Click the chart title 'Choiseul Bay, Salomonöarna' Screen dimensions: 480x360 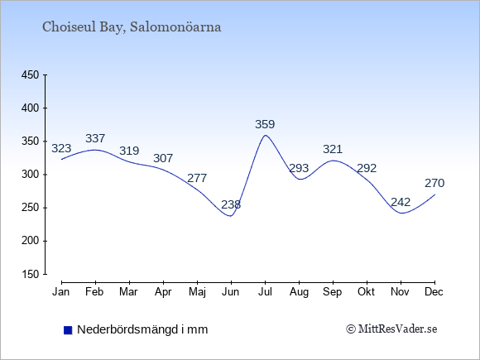132,27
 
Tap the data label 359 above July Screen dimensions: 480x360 265,124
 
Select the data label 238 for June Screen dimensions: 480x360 231,204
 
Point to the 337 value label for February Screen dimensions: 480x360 95,138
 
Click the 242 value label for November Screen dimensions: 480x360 401,202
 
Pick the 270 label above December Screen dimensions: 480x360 434,183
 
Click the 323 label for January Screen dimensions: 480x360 61,148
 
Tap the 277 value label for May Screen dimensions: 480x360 197,178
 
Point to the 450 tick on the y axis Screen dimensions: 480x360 30,75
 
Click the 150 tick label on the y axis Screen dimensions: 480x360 30,274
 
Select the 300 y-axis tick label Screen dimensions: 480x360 30,175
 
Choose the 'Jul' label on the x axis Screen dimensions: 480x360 265,292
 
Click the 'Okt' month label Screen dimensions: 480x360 367,292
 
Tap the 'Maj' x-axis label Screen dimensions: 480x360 197,292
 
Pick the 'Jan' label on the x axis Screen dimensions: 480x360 61,292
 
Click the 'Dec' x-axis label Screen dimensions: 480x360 434,292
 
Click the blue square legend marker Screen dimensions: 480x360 68,330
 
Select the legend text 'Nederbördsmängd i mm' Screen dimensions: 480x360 142,329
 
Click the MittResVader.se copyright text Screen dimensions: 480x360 391,329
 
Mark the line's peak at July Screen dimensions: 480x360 265,135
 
